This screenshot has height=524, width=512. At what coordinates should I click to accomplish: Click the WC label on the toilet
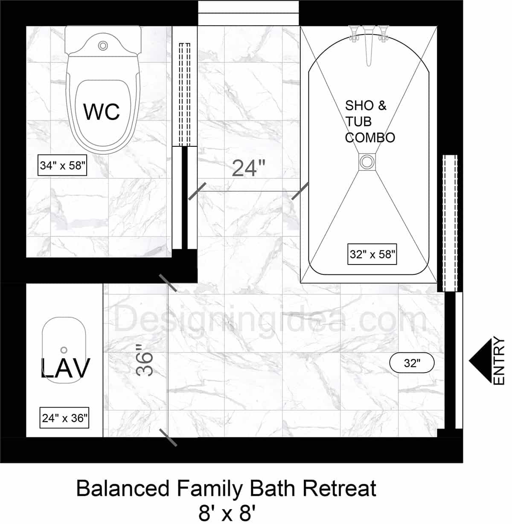click(x=102, y=112)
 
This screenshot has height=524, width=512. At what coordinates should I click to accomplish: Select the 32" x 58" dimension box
click(x=372, y=254)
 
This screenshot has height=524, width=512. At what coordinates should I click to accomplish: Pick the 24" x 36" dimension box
click(x=65, y=418)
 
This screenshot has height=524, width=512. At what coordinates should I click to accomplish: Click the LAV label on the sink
click(x=65, y=368)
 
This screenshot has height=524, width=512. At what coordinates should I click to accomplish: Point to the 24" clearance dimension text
click(x=249, y=168)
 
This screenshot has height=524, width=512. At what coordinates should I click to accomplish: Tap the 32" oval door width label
click(x=412, y=363)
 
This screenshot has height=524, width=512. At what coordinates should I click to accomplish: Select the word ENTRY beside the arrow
click(x=499, y=361)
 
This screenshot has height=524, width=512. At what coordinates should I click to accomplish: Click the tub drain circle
click(x=366, y=162)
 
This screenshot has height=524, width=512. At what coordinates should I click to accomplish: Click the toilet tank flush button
click(x=102, y=45)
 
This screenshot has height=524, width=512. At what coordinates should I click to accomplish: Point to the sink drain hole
click(x=64, y=350)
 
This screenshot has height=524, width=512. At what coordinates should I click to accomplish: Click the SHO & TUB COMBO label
click(x=369, y=122)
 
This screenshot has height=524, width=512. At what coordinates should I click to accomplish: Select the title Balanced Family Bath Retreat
click(x=226, y=488)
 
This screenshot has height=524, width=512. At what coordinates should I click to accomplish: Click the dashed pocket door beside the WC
click(x=184, y=94)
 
